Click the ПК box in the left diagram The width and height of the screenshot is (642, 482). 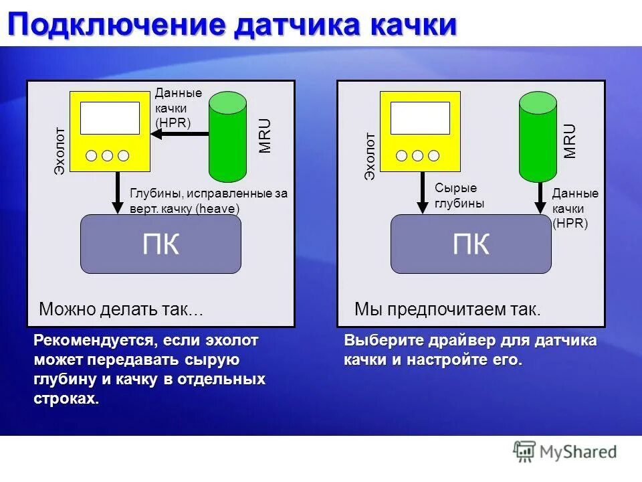(x=160, y=244)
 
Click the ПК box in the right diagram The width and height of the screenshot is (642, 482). (x=471, y=244)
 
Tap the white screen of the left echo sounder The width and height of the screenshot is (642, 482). (x=110, y=118)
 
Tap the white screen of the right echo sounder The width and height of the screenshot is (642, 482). (x=420, y=118)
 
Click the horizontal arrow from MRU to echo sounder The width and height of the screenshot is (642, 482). (x=179, y=134)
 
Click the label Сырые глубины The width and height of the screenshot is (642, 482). (x=459, y=196)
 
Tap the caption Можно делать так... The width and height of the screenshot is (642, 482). (x=120, y=309)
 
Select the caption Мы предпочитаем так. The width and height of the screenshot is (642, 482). (x=447, y=309)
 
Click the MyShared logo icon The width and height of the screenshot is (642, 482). (x=524, y=451)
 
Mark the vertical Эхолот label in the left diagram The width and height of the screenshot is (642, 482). (x=60, y=151)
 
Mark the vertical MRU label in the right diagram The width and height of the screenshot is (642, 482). (x=570, y=141)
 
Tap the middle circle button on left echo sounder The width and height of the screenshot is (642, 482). (x=107, y=156)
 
